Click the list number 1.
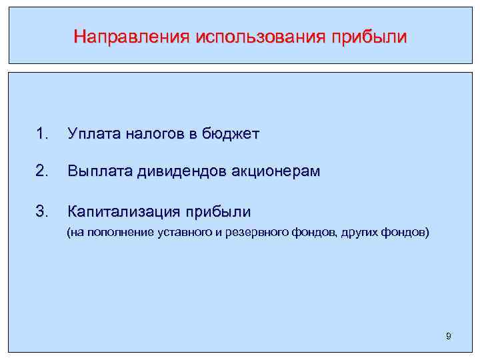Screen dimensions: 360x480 [42, 134]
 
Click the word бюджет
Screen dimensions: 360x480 [230, 134]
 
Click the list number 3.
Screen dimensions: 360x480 [42, 212]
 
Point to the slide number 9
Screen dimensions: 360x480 [449, 337]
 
